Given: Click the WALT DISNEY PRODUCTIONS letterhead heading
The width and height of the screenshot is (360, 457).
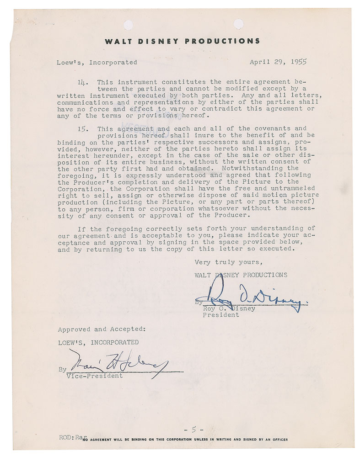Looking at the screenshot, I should pos(183,41).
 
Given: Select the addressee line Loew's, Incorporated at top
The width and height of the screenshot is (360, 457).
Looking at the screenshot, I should pos(97,62).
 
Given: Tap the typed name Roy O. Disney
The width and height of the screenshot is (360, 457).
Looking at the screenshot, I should pos(229,308).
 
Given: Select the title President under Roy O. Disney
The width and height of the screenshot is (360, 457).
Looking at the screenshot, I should pos(220,315).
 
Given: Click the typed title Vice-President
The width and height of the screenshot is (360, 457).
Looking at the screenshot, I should pos(95,376).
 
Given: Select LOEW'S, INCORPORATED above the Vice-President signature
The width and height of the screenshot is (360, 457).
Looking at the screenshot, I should pos(98,342).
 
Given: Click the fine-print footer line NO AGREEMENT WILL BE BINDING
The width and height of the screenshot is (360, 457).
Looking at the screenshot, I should pos(188,440).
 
